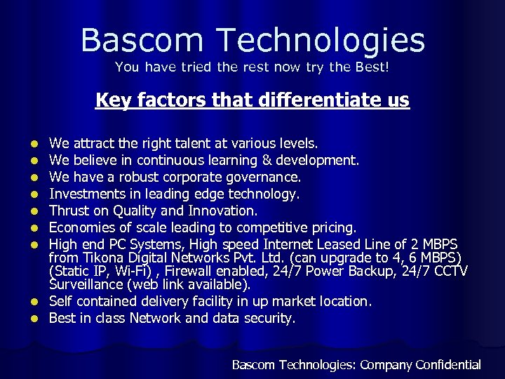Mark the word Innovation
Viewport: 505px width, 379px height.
click(226, 211)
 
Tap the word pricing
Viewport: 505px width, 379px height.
click(334, 227)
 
